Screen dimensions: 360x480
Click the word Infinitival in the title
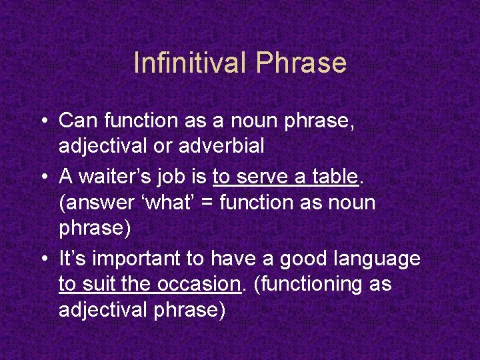point(191,63)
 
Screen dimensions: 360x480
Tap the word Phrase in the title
point(301,63)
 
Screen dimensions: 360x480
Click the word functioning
point(311,285)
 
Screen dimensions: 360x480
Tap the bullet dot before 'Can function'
point(43,121)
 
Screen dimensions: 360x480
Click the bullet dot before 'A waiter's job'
point(43,176)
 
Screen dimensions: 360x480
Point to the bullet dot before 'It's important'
point(43,258)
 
